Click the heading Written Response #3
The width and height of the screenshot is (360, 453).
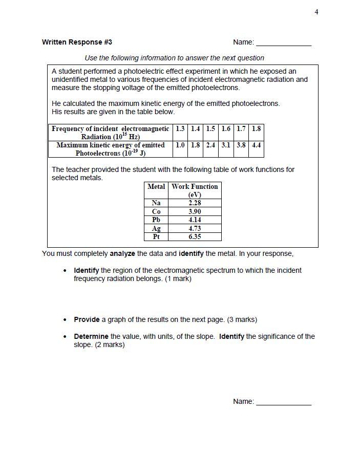[77, 42]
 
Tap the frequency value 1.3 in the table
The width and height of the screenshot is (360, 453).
[180, 129]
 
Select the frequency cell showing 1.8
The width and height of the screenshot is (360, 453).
[256, 129]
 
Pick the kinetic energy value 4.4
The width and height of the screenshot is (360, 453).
[256, 145]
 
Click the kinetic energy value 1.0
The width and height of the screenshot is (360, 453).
[180, 145]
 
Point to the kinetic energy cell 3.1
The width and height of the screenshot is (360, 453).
[226, 145]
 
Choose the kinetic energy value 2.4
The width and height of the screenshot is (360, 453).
[210, 145]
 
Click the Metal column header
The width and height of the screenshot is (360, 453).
[156, 186]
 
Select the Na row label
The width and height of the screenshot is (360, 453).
[156, 203]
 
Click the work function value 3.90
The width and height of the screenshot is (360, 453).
[195, 211]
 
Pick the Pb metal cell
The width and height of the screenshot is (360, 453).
[156, 220]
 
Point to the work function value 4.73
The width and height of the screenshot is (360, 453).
[195, 228]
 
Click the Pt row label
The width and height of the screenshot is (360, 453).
[156, 236]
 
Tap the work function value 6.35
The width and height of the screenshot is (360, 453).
[195, 236]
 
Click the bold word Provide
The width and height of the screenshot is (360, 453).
[87, 319]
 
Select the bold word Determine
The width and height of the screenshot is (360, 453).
[91, 336]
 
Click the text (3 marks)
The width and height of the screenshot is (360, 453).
[242, 319]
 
